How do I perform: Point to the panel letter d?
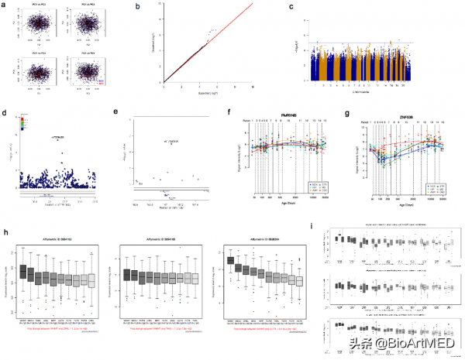pyautogui.click(x=6, y=113)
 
